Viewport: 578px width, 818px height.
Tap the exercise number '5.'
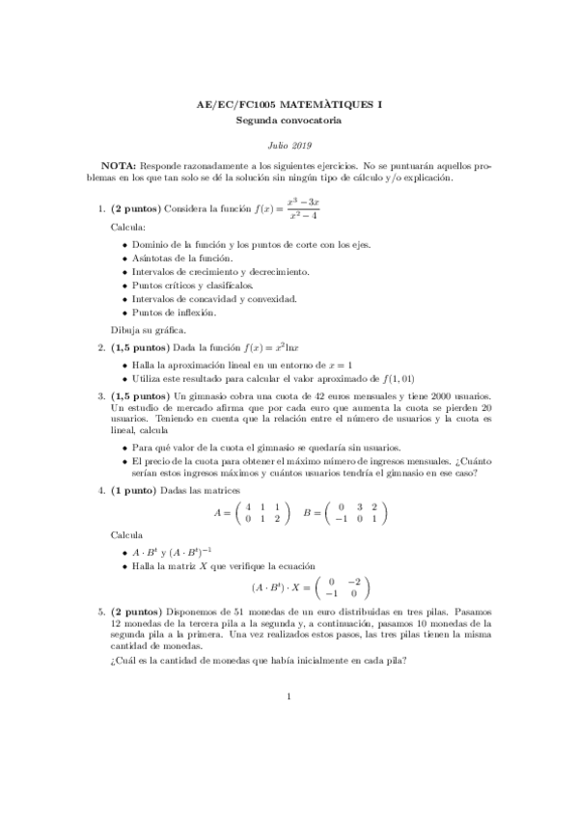click(x=102, y=612)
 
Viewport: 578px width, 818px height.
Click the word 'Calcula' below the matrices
click(x=127, y=533)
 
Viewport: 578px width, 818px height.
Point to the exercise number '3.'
click(x=102, y=396)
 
